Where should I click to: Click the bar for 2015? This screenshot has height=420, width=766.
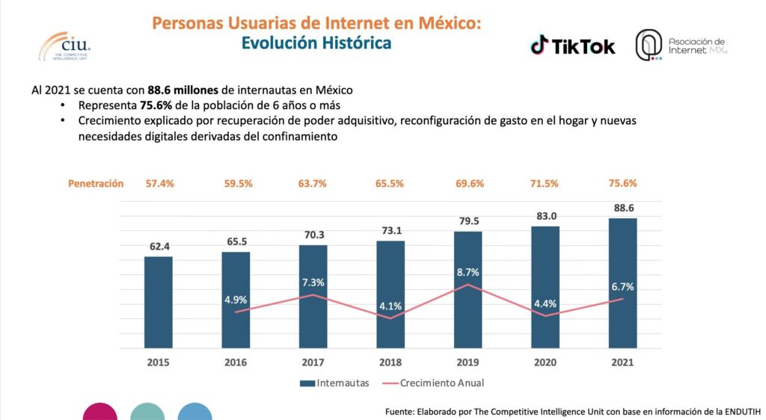coord(158,302)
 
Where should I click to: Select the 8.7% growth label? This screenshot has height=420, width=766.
coord(468,272)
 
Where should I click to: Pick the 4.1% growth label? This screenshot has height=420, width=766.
coord(390,306)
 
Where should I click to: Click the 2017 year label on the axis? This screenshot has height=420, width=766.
coord(313,362)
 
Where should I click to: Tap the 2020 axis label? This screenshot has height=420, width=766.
coord(545,362)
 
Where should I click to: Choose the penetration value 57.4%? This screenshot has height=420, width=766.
coord(158,183)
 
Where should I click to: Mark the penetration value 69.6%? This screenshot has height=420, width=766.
coord(468,183)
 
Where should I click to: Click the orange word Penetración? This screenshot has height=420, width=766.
coord(96,183)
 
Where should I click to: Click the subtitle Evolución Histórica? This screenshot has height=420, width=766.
coord(316,43)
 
